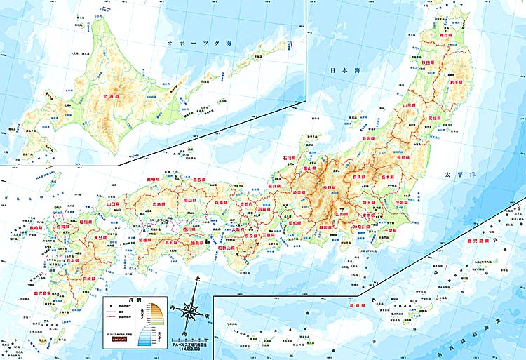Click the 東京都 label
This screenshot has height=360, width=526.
point(370,215)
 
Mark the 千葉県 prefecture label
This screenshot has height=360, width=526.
point(391,230)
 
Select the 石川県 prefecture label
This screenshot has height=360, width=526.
point(289,159)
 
